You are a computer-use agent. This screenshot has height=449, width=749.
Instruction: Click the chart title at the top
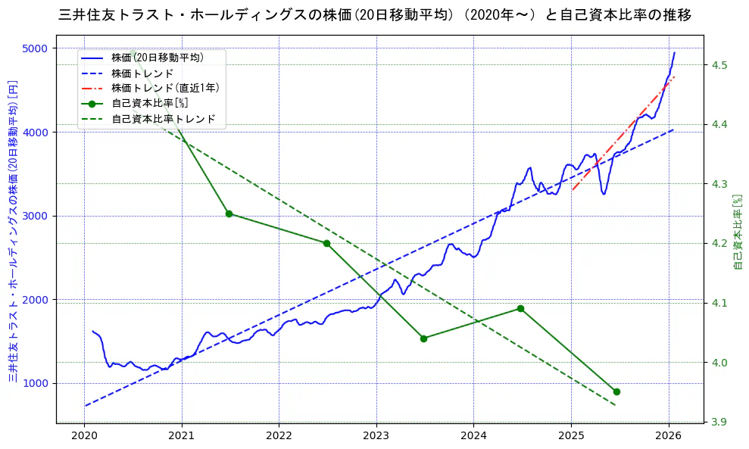[x=374, y=14]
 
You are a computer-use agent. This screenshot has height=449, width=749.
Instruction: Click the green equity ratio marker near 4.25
[x=229, y=214]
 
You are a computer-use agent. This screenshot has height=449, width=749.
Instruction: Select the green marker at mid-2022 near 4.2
[x=326, y=243]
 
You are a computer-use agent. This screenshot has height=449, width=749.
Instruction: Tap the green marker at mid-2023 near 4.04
[x=423, y=338]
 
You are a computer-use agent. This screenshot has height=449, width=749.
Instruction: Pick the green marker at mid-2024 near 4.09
[x=520, y=308]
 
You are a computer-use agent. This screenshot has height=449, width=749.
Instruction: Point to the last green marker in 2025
[x=616, y=391]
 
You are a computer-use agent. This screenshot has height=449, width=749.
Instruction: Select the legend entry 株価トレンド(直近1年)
[x=165, y=88]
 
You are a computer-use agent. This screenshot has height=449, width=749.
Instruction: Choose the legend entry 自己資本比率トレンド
[x=163, y=119]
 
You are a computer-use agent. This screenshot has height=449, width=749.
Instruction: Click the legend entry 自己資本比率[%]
[x=149, y=103]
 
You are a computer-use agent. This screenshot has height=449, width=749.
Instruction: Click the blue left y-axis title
[x=13, y=230]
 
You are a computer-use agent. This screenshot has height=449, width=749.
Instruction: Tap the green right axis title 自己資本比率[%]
[x=738, y=231]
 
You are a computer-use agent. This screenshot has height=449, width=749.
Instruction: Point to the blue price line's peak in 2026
[x=674, y=52]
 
